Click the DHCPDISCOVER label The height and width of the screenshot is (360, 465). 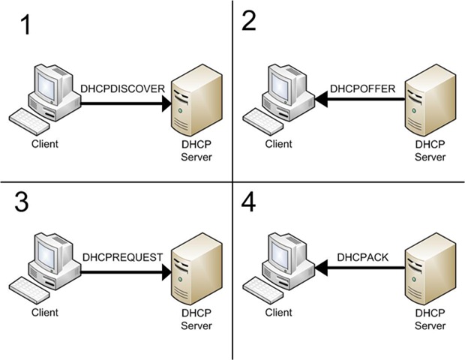coord(122,89)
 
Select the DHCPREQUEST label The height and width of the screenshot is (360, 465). coord(122,256)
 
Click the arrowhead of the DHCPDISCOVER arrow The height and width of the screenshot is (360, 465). coord(166,104)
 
